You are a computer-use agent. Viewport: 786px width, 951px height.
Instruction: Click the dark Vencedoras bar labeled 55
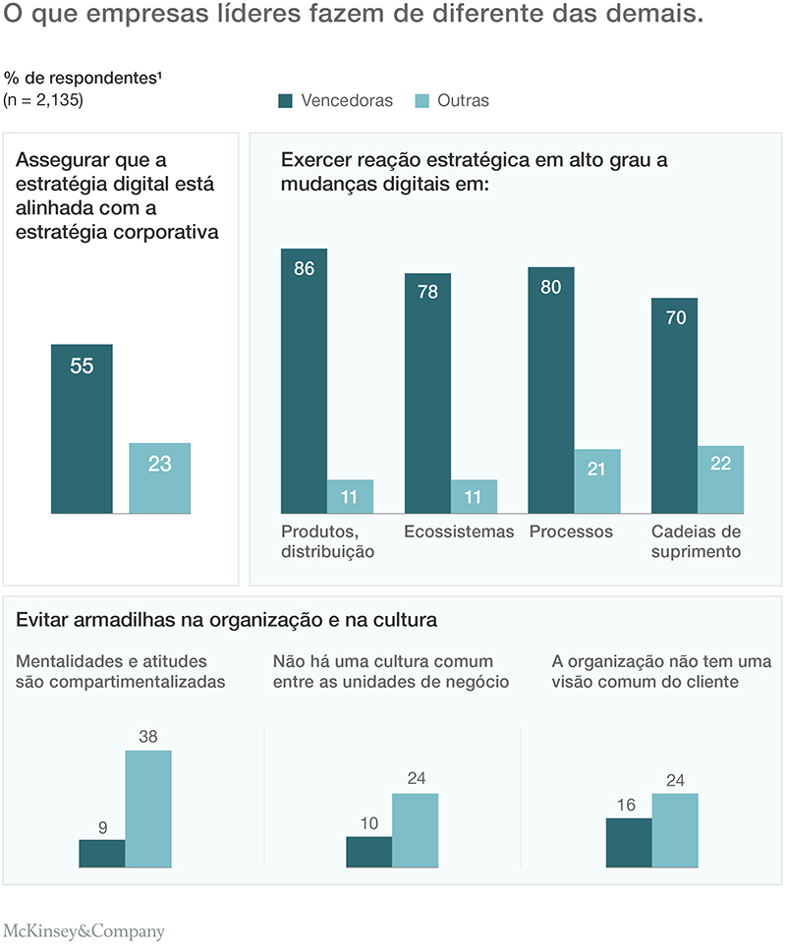tap(82, 428)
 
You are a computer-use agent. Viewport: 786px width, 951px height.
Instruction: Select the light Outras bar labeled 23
tap(160, 477)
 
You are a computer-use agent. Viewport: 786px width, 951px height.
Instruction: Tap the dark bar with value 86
tap(304, 380)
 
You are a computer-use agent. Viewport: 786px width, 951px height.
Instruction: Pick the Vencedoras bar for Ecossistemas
tap(427, 393)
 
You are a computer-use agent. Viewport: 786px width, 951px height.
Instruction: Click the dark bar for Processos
tap(551, 390)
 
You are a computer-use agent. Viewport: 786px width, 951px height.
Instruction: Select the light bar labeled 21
tap(597, 481)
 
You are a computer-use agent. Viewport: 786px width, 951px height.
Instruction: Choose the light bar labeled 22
tap(721, 479)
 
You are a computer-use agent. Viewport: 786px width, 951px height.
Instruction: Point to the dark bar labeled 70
tap(675, 405)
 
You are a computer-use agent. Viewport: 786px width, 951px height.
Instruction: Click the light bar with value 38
tap(147, 809)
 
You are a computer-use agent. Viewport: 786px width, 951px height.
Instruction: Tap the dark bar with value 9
tap(102, 853)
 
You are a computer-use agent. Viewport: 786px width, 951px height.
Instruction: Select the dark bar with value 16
tap(629, 842)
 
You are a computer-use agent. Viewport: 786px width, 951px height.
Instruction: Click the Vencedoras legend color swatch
tap(286, 100)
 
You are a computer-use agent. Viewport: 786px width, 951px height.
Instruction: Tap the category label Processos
tap(571, 531)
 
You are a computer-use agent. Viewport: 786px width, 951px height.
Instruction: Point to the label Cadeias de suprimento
tap(696, 541)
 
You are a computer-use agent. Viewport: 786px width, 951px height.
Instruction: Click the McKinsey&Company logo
tap(84, 931)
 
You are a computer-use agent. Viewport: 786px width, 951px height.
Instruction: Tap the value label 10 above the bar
tap(368, 823)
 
